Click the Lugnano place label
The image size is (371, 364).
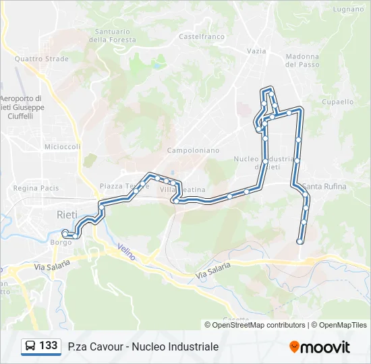[348, 9]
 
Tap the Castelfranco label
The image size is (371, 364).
[202, 36]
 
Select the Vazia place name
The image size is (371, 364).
[256, 51]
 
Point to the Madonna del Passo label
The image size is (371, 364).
[302, 61]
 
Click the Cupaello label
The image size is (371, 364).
[338, 102]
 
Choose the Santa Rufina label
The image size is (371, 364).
[325, 187]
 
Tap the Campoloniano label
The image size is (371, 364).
[193, 150]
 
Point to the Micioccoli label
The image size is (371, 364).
[62, 146]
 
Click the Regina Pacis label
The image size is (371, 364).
[36, 188]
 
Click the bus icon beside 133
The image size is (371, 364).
[30, 346]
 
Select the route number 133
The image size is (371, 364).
[49, 346]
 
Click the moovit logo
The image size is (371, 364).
[320, 346]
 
